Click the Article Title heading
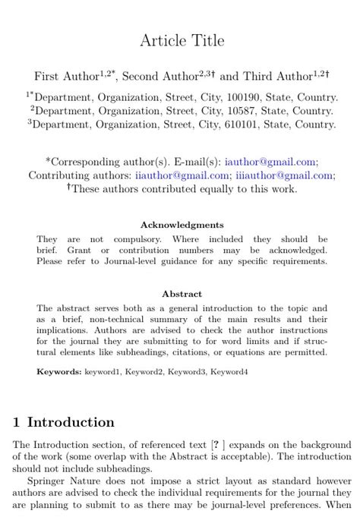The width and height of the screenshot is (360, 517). pos(182,40)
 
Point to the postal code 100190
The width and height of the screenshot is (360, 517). pos(244,98)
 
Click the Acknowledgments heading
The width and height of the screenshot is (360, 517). pos(182,225)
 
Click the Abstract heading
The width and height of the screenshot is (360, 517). pos(182,294)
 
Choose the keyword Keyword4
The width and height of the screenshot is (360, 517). pos(229,372)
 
